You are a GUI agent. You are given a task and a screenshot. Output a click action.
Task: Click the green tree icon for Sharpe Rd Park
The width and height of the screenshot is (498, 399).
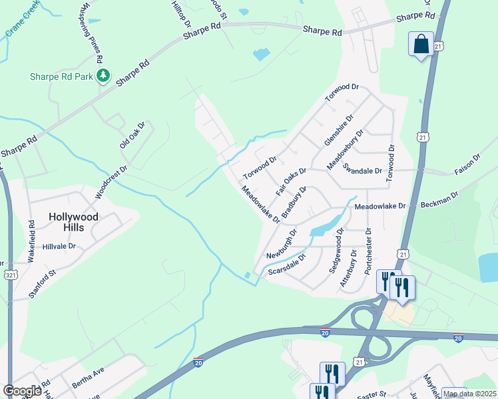pyautogui.click(x=103, y=76)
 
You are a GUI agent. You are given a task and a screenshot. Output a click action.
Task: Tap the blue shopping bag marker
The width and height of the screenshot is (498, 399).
pyautogui.click(x=421, y=45)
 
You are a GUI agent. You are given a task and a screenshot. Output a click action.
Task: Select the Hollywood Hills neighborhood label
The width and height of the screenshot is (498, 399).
pyautogui.click(x=75, y=222)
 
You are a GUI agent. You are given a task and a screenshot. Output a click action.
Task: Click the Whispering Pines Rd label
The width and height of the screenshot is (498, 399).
pyautogui.click(x=93, y=32)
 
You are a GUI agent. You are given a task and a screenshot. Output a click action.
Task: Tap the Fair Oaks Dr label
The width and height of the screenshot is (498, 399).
pyautogui.click(x=292, y=185)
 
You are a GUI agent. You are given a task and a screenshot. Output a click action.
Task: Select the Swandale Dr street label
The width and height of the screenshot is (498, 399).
pyautogui.click(x=362, y=170)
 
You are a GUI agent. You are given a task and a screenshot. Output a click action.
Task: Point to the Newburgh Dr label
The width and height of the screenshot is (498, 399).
pyautogui.click(x=281, y=244)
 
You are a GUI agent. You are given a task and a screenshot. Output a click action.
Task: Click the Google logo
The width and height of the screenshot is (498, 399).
pyautogui.click(x=22, y=390)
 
